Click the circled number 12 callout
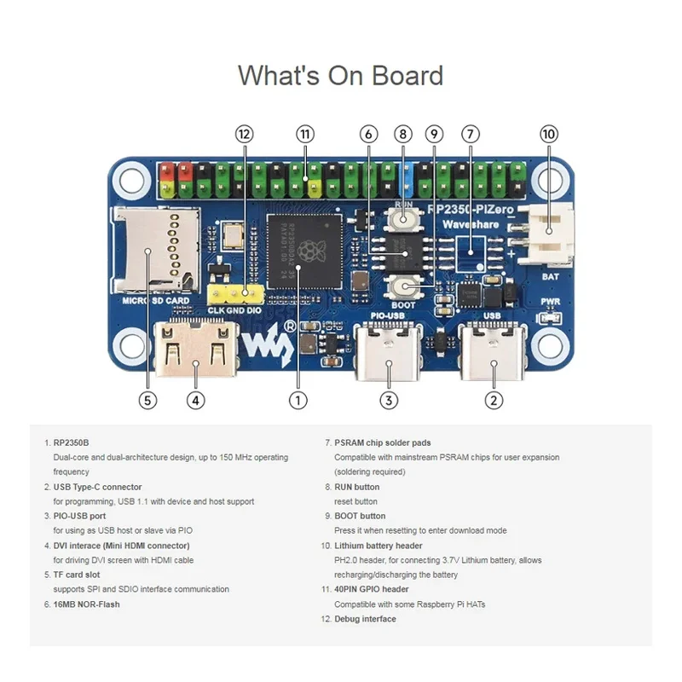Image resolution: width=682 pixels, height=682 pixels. click(246, 134)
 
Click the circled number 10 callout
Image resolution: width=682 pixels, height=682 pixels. click(549, 134)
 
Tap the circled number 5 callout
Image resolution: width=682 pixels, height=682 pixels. click(148, 399)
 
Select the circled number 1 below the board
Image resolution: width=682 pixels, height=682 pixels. click(298, 399)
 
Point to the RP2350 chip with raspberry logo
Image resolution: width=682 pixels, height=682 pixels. click(304, 253)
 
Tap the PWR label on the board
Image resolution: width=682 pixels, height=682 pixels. click(548, 301)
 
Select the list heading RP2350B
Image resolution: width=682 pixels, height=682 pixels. click(71, 442)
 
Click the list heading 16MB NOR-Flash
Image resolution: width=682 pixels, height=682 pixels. click(86, 604)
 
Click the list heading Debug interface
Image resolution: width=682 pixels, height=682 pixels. click(365, 619)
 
